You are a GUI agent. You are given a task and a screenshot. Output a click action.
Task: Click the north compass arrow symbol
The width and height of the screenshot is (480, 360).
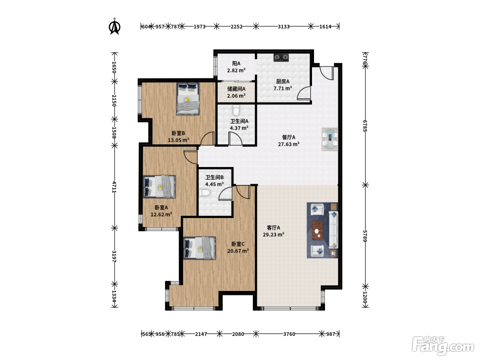click(115, 27)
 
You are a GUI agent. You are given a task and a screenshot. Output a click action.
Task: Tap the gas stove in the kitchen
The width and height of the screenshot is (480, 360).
click(281, 58)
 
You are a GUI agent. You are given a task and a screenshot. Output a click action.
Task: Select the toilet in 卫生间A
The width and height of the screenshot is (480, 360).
click(236, 110)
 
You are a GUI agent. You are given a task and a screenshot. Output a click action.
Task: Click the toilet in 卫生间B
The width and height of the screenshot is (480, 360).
click(205, 193)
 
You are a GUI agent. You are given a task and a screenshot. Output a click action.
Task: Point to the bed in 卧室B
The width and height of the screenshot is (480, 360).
click(188, 99)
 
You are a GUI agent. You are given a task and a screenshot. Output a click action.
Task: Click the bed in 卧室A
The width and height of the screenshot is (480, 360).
click(159, 187)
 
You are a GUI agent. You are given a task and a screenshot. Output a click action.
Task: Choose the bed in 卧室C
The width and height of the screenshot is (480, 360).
click(200, 248)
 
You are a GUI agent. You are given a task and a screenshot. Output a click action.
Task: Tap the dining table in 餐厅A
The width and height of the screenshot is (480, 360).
click(330, 139)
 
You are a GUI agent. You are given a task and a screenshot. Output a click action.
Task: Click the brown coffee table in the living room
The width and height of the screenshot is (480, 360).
click(317, 230)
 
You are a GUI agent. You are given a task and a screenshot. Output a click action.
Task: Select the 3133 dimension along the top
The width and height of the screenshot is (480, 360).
click(284, 27)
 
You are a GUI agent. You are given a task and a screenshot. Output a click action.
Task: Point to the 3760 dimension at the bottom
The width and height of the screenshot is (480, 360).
click(289, 334)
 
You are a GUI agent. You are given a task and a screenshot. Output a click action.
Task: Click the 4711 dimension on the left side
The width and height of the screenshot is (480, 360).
click(114, 187)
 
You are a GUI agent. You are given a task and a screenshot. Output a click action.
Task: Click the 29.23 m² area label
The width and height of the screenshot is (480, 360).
click(274, 235)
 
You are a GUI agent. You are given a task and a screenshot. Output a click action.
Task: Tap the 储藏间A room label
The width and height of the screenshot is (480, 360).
click(236, 89)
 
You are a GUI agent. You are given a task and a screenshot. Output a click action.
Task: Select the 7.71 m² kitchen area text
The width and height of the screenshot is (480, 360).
click(283, 88)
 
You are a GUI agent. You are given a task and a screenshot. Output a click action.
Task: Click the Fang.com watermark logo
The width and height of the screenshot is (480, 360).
click(443, 346)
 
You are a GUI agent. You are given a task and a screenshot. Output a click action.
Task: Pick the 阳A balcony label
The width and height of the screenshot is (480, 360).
click(236, 63)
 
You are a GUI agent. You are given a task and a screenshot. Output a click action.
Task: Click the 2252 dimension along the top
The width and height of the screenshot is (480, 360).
click(236, 27)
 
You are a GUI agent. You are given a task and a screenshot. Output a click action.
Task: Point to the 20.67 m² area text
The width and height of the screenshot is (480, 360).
click(238, 251)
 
